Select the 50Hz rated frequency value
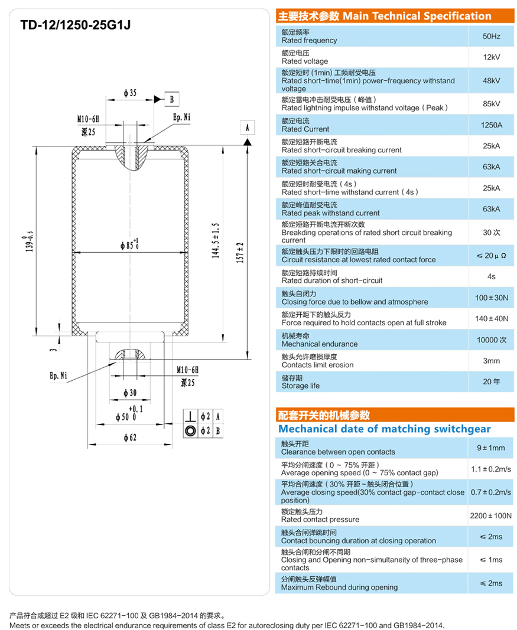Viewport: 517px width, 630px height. (x=491, y=37)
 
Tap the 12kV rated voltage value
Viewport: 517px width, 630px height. (x=491, y=57)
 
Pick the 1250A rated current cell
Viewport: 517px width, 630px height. (x=491, y=125)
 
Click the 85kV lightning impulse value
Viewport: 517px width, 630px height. (x=491, y=104)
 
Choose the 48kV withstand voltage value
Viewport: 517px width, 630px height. (x=491, y=80)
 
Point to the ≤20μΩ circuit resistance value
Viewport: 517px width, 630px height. (x=491, y=256)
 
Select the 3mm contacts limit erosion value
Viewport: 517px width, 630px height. (x=491, y=361)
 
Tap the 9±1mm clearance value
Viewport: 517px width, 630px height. (x=491, y=448)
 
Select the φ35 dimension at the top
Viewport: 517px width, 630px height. (x=130, y=93)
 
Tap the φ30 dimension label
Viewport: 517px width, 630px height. (x=130, y=393)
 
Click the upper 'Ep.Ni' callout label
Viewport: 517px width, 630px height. (x=181, y=117)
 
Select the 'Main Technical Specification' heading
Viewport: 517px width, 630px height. (x=384, y=16)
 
